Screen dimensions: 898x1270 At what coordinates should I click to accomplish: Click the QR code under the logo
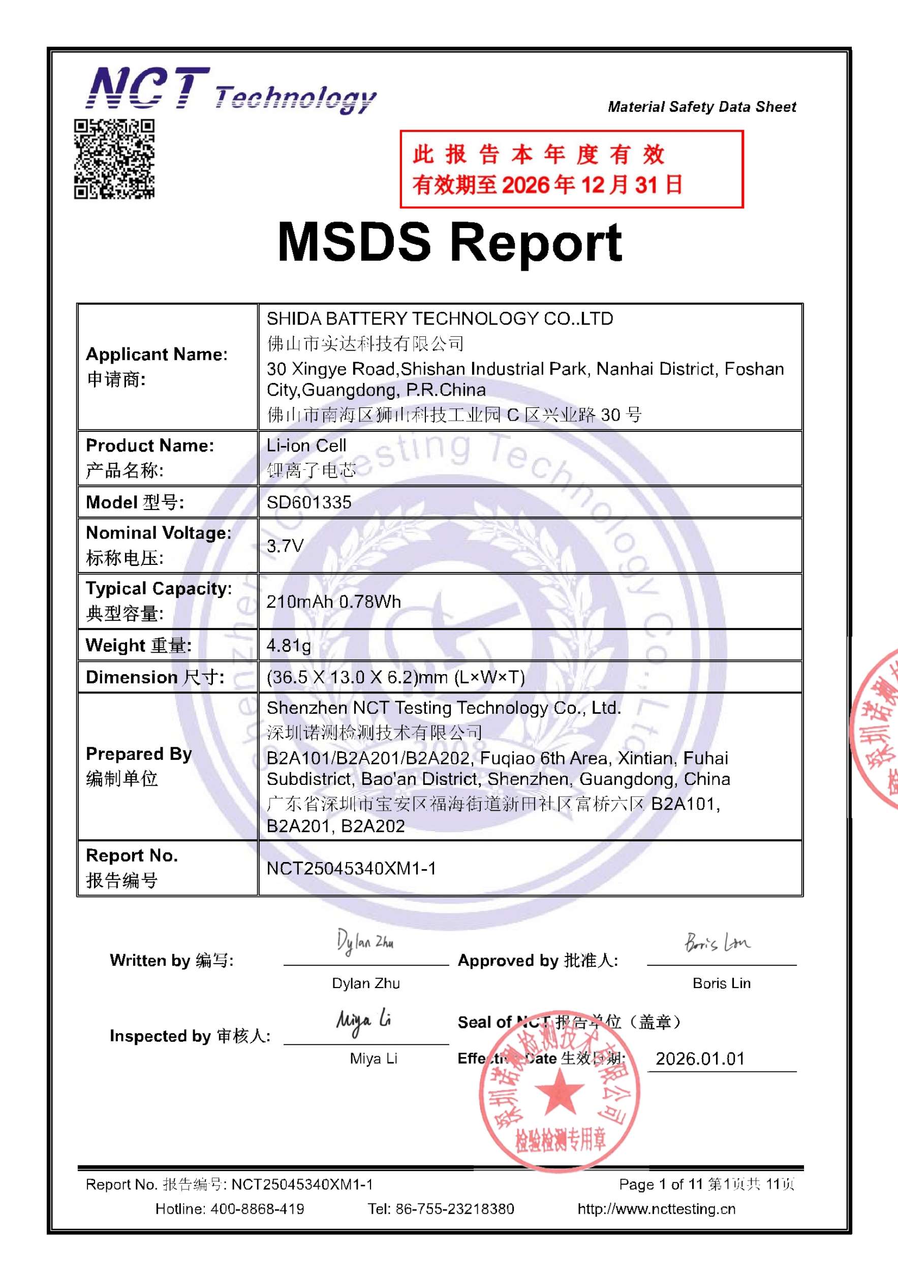pos(114,158)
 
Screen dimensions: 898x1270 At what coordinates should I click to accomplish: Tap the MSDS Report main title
pos(449,242)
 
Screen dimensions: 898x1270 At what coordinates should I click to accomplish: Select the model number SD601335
pos(309,502)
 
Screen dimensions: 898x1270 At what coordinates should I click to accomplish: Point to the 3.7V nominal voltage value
pos(285,546)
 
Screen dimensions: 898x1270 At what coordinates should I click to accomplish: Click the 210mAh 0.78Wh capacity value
pos(334,601)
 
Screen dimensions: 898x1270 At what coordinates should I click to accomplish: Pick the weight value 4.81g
pos(289,645)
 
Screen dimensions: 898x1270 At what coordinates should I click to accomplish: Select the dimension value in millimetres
pos(395,677)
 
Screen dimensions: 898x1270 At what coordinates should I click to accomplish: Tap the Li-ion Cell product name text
pos(306,446)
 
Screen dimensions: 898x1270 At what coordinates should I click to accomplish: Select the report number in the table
pos(351,868)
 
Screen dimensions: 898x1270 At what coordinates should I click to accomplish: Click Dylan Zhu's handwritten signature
pos(365,942)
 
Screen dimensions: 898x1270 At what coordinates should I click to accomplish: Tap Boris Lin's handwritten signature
pos(718,942)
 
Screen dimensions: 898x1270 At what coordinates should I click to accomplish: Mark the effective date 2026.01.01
pos(700,1059)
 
